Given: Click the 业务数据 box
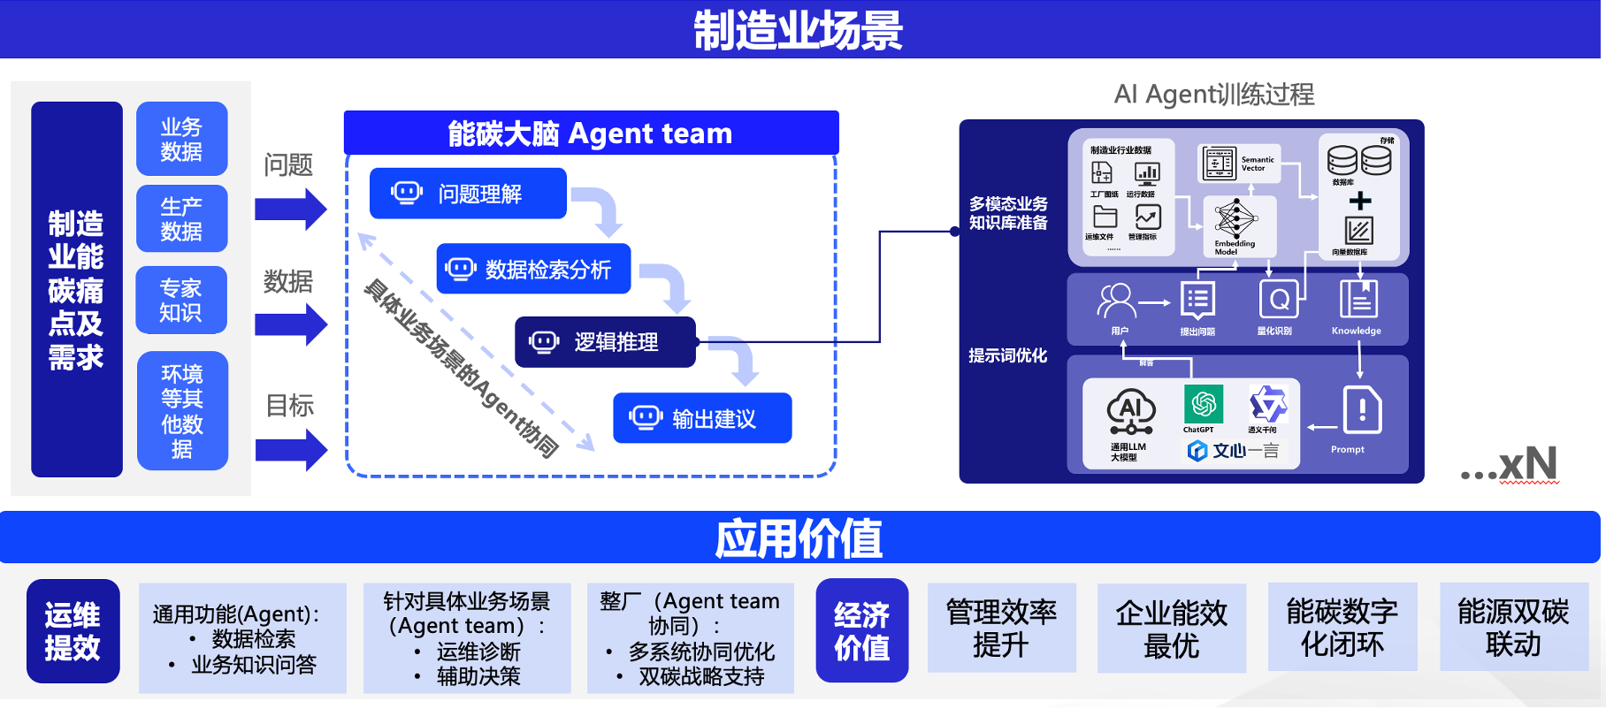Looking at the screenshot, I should click(181, 139).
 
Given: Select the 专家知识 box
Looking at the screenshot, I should click(180, 300).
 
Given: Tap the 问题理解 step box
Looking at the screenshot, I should click(468, 194).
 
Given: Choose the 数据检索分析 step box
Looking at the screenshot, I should click(533, 269).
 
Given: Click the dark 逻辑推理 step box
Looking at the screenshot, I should click(605, 342).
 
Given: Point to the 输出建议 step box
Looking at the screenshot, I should click(702, 418).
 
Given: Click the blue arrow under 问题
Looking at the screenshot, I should click(290, 210).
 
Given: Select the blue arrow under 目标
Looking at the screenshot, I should click(291, 450).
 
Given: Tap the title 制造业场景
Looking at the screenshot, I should click(798, 30).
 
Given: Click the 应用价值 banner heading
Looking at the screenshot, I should click(798, 538).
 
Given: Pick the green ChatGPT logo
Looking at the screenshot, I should click(1203, 404).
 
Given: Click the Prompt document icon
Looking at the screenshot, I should click(1362, 409).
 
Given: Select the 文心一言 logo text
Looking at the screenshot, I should click(1235, 451).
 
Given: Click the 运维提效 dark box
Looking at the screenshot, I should click(73, 631).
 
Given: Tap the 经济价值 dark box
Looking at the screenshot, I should click(861, 631).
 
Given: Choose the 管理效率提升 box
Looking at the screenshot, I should click(1001, 628).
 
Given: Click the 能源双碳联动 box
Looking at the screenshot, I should click(1513, 627).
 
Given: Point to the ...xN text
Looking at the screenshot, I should click(1510, 464).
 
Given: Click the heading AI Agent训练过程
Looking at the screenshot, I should click(1213, 94).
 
